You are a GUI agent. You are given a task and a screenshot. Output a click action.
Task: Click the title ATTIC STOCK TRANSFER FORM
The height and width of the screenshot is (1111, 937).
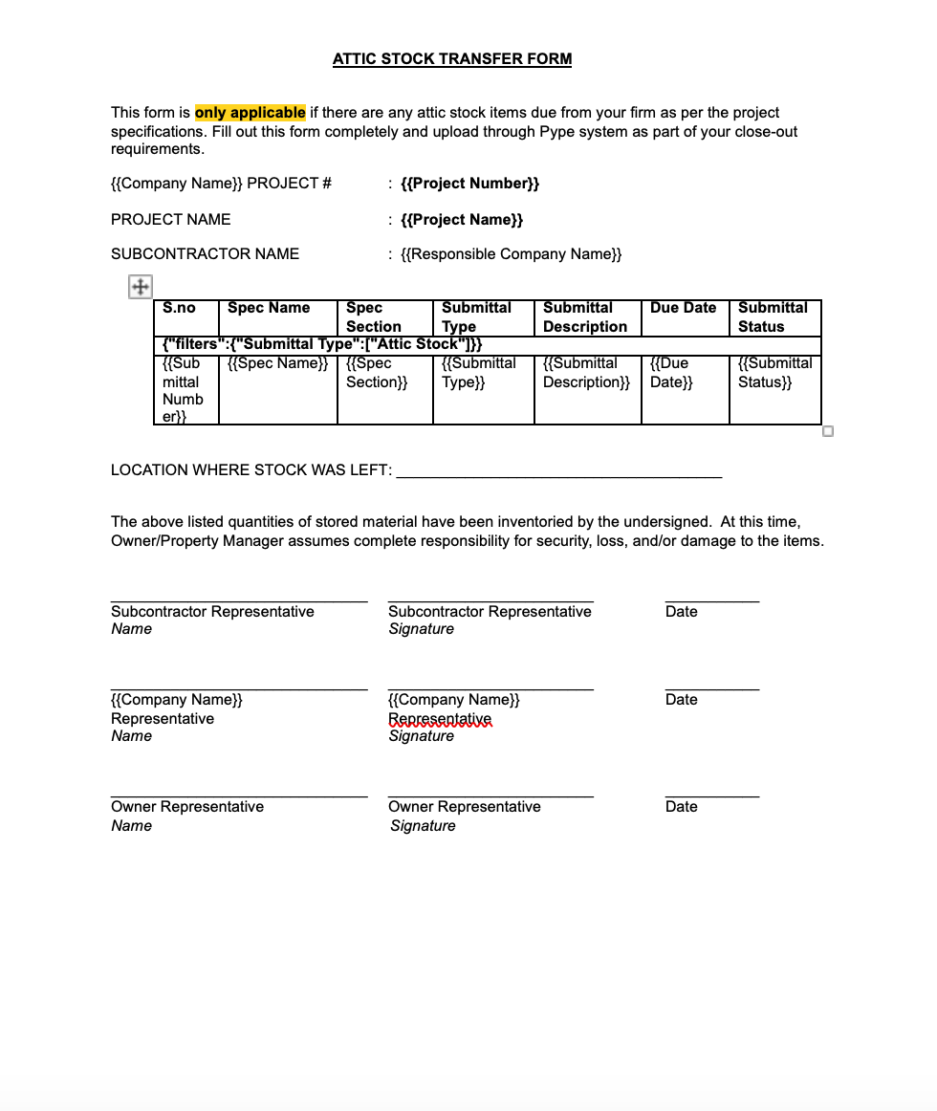point(452,59)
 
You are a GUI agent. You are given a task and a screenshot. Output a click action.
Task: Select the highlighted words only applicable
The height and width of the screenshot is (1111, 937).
point(250,113)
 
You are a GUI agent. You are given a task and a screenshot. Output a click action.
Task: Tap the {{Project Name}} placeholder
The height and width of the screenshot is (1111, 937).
point(462,220)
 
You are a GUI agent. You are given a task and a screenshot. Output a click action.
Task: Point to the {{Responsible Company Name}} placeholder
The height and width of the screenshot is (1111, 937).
point(512,254)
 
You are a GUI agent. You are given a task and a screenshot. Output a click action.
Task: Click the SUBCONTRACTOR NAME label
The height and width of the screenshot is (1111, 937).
point(205,254)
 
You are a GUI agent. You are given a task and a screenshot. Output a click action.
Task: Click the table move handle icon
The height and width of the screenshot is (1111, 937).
point(141,286)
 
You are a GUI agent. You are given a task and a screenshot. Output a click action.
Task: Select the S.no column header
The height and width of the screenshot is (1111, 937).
point(179,308)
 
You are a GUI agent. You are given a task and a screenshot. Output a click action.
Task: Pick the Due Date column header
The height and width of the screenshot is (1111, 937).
point(683,308)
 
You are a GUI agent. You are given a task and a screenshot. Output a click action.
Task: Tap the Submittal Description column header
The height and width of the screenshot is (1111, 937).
point(584,317)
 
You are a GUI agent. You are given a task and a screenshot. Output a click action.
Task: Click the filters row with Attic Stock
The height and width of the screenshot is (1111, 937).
point(322,344)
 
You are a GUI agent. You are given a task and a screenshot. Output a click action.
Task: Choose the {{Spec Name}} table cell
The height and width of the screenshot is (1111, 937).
point(277,363)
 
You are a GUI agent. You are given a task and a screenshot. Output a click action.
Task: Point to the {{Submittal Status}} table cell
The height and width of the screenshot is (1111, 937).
point(774,373)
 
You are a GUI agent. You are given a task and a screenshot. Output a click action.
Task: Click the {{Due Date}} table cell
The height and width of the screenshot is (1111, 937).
point(670,373)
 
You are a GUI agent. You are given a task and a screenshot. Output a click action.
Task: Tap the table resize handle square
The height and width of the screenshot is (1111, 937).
point(828,431)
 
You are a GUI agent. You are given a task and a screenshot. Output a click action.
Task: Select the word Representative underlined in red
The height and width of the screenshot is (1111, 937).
point(440,719)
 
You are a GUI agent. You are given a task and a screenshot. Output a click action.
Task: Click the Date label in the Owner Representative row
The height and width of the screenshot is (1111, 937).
point(681,807)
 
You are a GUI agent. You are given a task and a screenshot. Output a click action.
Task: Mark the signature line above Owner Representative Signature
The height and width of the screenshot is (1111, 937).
point(490,795)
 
